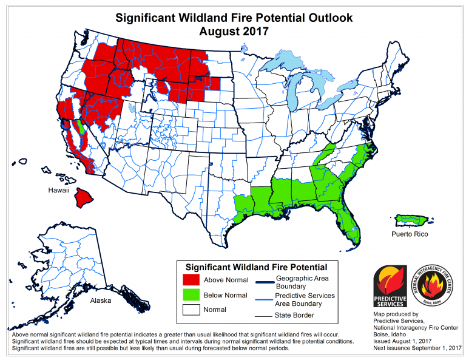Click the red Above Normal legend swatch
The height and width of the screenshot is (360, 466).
coord(191,280)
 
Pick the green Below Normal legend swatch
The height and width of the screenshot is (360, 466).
coord(191,295)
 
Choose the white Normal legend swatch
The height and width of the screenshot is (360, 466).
coord(191,310)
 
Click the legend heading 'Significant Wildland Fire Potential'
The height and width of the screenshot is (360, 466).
coord(255,267)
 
